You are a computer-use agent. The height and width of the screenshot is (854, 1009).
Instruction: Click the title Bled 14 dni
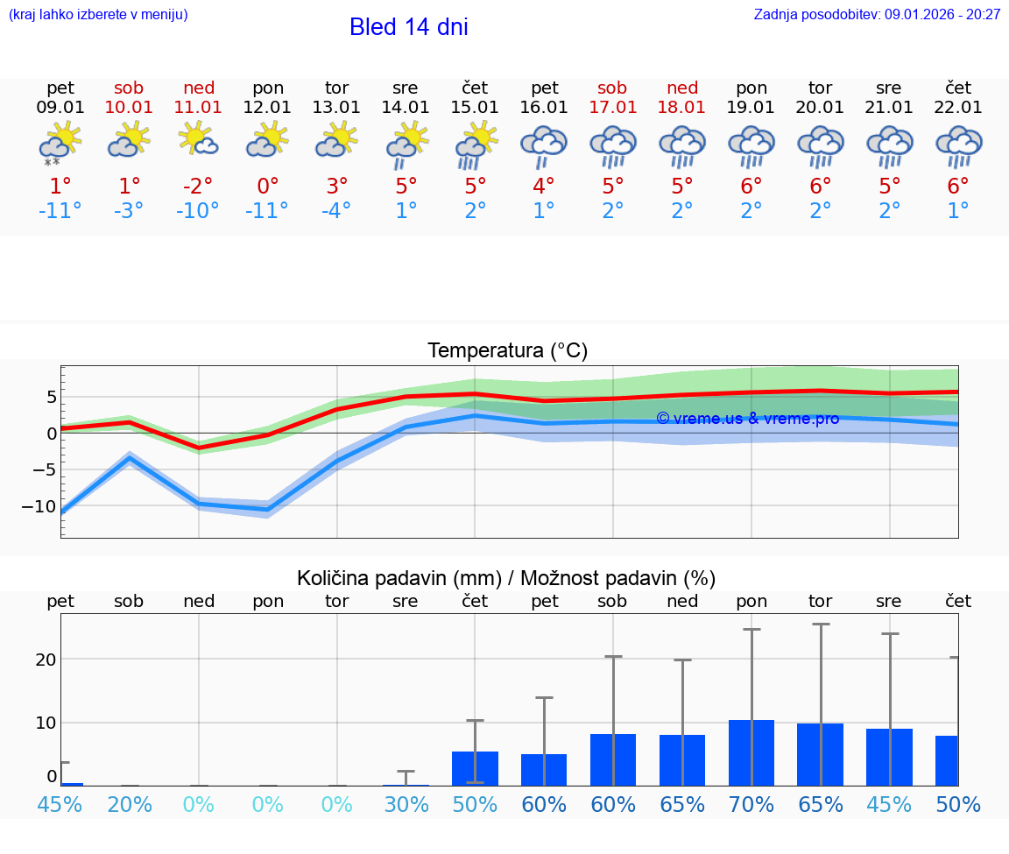point(408,27)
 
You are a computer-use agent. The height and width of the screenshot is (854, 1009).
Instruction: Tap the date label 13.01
point(336,108)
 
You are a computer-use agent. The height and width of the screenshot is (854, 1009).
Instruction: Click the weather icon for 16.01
point(544,145)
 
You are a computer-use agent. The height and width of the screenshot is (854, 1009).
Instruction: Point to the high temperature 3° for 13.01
point(336,186)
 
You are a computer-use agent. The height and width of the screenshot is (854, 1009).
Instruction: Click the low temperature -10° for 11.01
point(198,211)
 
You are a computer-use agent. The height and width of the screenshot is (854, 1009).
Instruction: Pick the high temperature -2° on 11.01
point(198,186)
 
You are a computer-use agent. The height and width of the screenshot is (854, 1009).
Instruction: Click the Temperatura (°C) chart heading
point(507,351)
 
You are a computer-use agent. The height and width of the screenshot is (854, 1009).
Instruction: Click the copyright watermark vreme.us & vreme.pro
point(747,419)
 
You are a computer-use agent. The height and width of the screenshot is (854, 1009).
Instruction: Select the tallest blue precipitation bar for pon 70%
point(751,752)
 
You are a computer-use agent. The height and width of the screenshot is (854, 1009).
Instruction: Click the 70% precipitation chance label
point(751,805)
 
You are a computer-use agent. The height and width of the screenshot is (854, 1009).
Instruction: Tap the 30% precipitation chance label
point(406,805)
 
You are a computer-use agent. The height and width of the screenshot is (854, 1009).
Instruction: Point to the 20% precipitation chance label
point(129,805)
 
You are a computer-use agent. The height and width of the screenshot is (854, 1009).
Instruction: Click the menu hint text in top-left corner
point(98,14)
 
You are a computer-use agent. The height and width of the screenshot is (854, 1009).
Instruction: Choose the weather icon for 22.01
point(958,145)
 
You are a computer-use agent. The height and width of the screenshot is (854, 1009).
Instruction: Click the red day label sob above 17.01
point(612,88)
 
